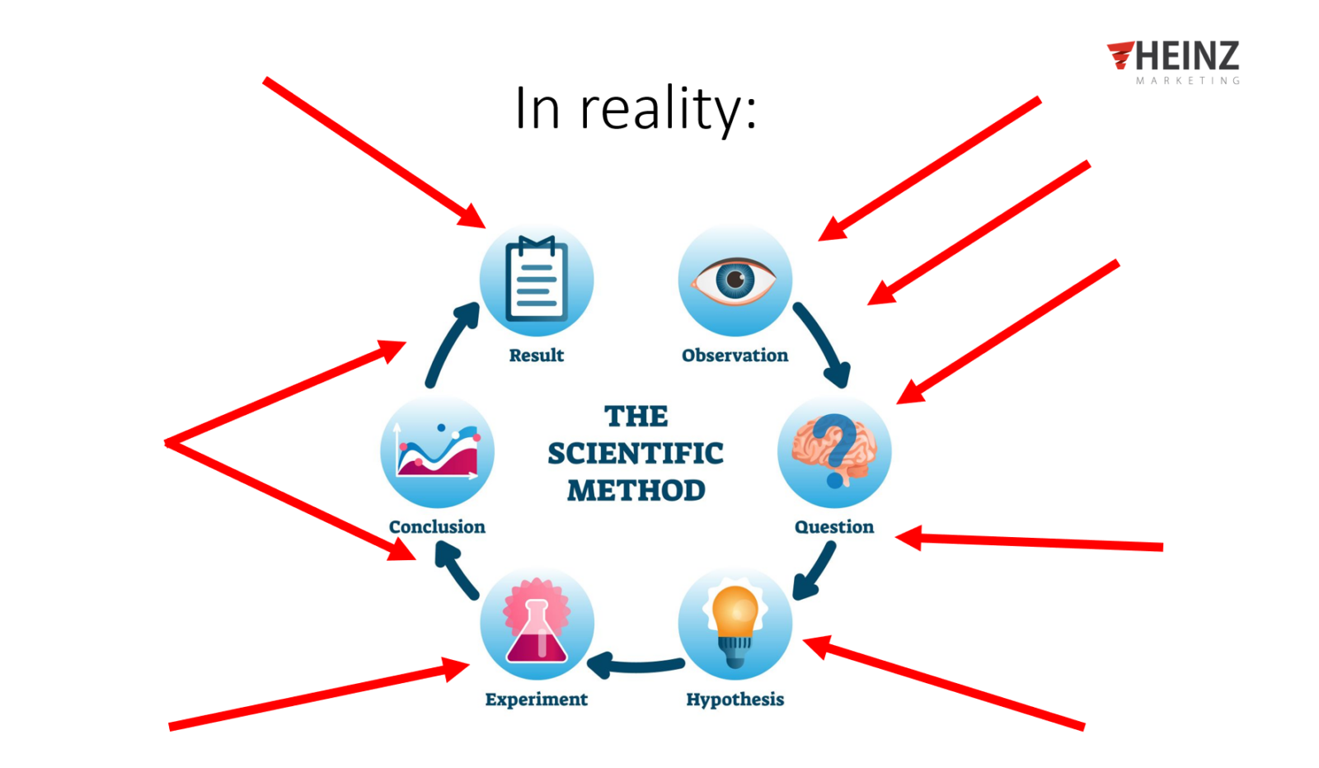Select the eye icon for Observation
735,280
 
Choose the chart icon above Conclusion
438,451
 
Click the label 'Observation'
735,356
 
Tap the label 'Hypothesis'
735,700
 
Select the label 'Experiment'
537,700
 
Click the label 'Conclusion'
438,527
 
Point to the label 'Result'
537,356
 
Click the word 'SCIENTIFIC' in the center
636,454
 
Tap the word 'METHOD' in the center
636,490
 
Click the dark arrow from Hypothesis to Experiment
635,667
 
